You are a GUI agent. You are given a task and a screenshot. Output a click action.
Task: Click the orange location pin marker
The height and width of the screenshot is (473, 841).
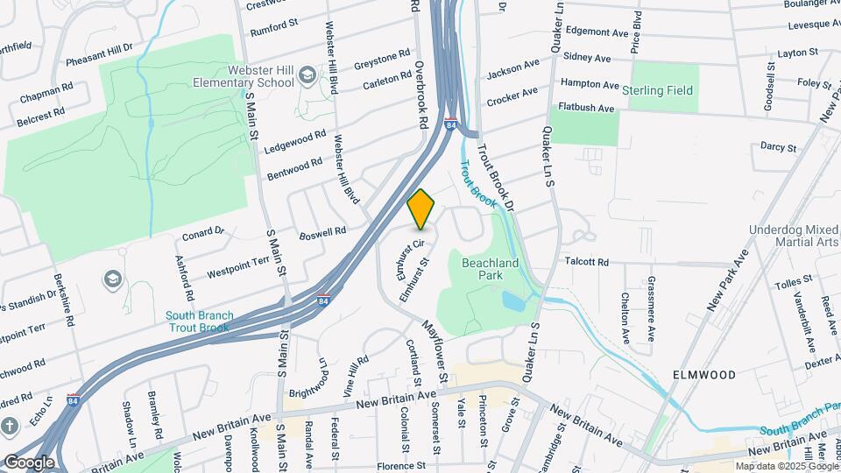pos(421,208)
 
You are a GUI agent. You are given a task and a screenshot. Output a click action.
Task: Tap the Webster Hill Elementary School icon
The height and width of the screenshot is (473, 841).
pos(307,76)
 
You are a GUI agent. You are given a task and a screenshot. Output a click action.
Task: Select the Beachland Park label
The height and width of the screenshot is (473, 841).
pos(490,268)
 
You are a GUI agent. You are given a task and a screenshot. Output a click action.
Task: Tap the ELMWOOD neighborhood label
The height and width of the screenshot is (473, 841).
pos(704,374)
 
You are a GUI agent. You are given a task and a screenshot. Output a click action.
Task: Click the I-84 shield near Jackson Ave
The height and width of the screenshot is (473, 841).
pos(450,124)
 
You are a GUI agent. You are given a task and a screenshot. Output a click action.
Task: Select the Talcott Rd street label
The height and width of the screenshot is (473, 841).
pos(586,261)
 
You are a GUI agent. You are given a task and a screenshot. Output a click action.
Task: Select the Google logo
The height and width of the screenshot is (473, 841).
pos(29,462)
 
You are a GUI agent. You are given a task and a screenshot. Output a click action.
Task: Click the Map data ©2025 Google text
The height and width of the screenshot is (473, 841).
pos(786,466)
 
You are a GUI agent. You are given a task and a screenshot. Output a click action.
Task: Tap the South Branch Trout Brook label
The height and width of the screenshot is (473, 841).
pos(198,321)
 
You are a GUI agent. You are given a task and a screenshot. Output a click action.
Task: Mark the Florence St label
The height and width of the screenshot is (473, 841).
pos(400,466)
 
